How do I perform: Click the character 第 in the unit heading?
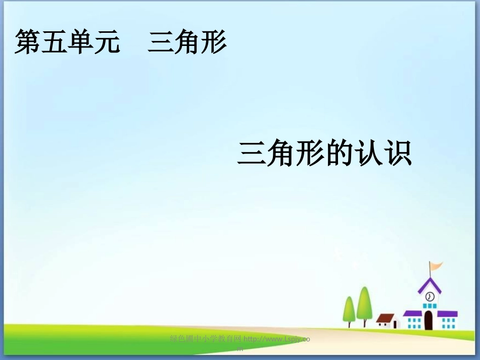[x=28, y=42]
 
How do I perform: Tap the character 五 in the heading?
[x=55, y=42]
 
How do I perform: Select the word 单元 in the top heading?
[x=94, y=42]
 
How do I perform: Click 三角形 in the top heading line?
[x=187, y=42]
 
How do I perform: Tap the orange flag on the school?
[x=436, y=265]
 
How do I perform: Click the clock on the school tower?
[x=430, y=296]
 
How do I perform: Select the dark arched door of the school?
[x=429, y=320]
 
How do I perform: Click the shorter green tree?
[x=349, y=308]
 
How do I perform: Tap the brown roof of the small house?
[x=386, y=318]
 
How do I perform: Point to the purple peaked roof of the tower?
[x=429, y=285]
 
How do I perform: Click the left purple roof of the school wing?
[x=412, y=313]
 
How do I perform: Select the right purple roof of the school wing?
[x=447, y=314]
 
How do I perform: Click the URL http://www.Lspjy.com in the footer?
[x=276, y=340]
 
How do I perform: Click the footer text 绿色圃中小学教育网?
[x=206, y=339]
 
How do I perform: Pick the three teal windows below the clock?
[x=429, y=306]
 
